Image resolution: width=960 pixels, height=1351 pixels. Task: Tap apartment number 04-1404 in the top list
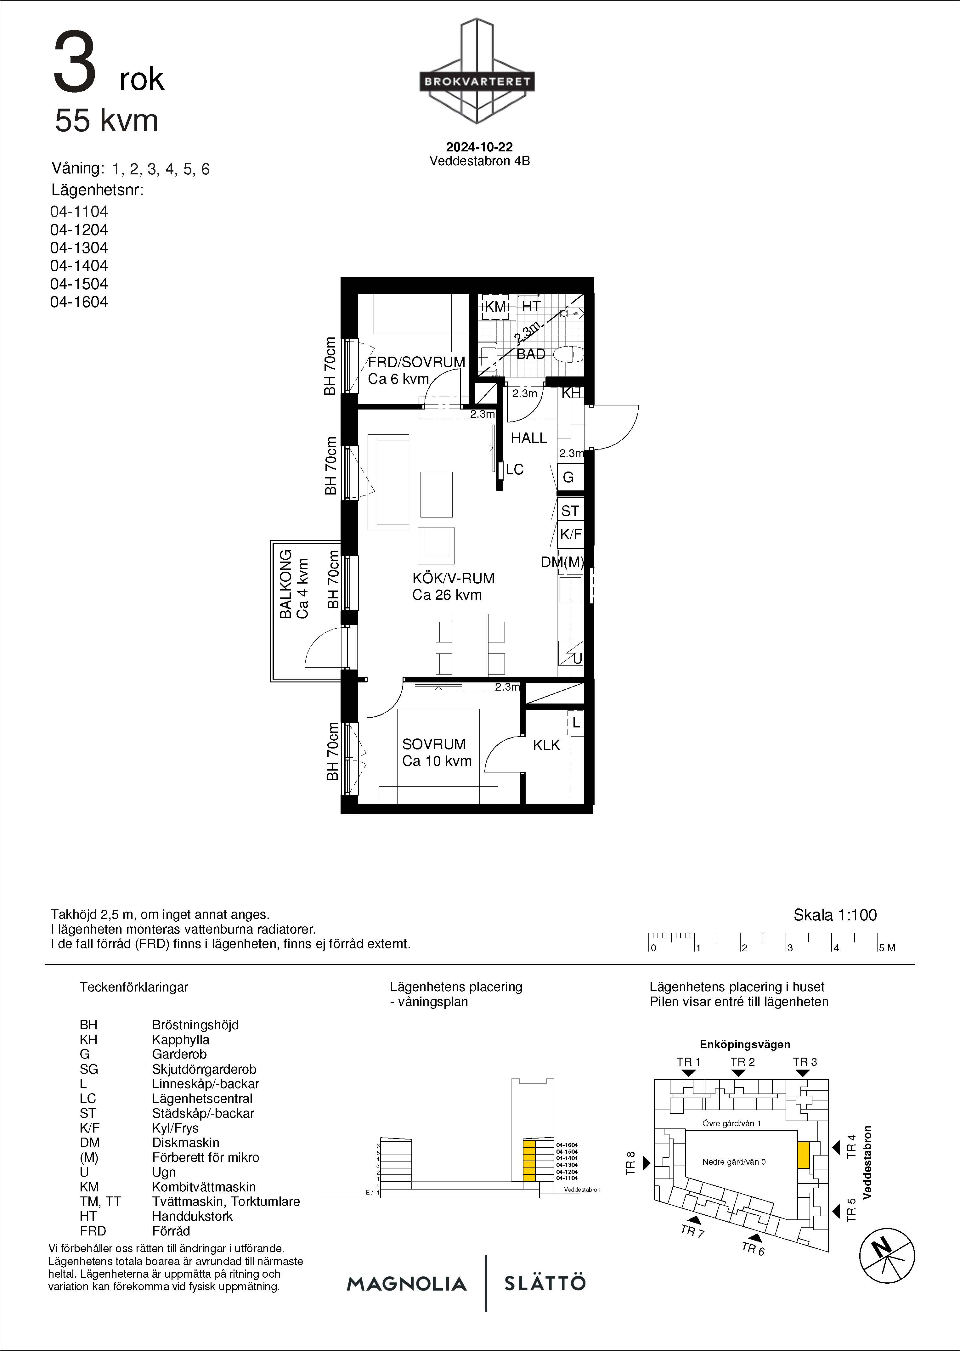pos(79,266)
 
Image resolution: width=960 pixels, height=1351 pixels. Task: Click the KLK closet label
pos(546,745)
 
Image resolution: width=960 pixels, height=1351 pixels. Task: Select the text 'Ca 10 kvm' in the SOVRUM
pos(437,761)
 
